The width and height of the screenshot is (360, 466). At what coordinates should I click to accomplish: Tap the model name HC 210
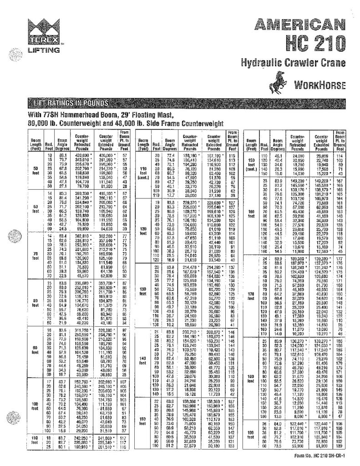click(317, 42)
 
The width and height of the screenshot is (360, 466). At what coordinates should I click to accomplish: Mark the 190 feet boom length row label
click(251, 446)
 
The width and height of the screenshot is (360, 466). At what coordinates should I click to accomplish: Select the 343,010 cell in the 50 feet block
click(81, 161)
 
